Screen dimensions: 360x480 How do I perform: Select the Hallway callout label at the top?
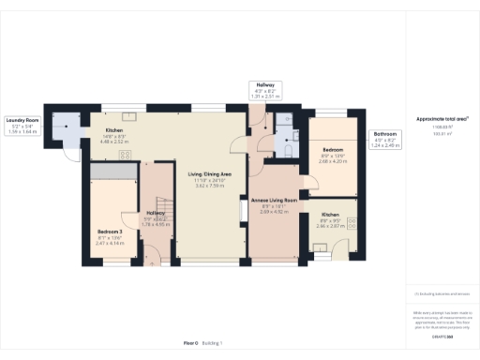click(266, 88)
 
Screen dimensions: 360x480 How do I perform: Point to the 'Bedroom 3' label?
click(111, 230)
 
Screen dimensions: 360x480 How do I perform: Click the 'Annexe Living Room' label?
click(276, 200)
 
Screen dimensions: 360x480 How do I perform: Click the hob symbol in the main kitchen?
click(126, 154)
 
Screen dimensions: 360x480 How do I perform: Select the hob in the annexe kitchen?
click(352, 222)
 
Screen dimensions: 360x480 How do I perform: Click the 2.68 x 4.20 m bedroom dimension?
click(332, 160)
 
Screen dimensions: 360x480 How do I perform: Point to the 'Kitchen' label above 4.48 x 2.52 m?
click(114, 129)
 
